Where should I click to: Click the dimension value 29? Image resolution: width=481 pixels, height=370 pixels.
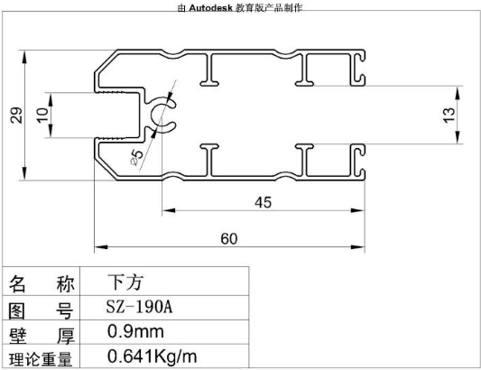tap(16, 116)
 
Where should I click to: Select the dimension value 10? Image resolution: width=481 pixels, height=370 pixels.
tap(42, 115)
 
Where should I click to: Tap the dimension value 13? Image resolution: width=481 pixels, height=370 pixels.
tap(449, 115)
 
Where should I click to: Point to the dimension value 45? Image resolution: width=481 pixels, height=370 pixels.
tap(263, 202)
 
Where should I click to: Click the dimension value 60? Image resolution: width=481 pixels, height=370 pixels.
tap(229, 238)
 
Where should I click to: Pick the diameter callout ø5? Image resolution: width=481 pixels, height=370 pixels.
tap(137, 157)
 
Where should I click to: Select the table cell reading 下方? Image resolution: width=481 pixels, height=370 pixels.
tap(125, 282)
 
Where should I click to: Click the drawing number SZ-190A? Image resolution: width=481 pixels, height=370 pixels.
tap(139, 307)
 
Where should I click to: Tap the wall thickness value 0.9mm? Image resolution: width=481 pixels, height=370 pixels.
tap(135, 332)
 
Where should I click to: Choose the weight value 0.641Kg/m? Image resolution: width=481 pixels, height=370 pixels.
tap(153, 356)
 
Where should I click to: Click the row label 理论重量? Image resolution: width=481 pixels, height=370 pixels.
tap(41, 359)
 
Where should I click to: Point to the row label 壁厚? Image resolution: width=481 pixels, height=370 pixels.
tap(42, 336)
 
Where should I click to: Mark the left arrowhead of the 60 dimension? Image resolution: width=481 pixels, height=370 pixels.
tap(101, 246)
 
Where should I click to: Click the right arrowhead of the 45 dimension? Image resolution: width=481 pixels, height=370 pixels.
tap(357, 210)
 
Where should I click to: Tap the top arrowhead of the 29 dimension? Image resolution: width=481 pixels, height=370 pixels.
tap(24, 58)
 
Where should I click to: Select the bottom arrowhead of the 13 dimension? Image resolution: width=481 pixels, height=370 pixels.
tap(458, 137)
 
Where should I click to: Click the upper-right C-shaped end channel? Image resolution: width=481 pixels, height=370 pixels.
tap(358, 69)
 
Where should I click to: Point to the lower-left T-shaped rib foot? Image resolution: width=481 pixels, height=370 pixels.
tap(209, 147)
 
